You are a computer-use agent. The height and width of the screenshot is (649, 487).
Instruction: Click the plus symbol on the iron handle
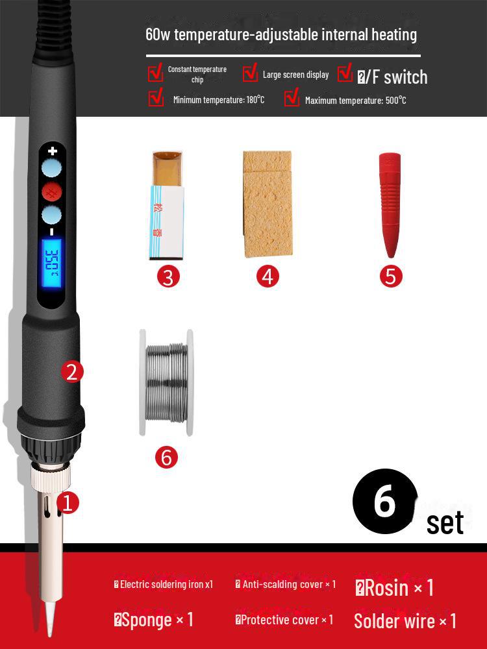pyautogui.click(x=53, y=151)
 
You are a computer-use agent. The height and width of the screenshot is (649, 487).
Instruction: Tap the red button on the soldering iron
pyautogui.click(x=51, y=192)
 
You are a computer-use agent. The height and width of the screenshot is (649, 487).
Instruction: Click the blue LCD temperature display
pyautogui.click(x=51, y=264)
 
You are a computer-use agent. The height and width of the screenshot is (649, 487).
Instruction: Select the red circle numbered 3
pyautogui.click(x=168, y=276)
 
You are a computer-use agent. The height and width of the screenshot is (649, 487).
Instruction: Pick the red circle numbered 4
pyautogui.click(x=268, y=276)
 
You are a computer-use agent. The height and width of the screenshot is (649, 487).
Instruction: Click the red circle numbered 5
pyautogui.click(x=390, y=276)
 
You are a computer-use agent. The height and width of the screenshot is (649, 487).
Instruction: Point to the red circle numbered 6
pyautogui.click(x=166, y=457)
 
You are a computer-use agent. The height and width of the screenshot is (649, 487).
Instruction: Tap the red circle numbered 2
pyautogui.click(x=71, y=372)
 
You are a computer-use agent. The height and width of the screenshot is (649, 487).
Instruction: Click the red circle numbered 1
pyautogui.click(x=68, y=502)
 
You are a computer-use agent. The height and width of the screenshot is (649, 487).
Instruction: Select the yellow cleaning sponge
pyautogui.click(x=267, y=203)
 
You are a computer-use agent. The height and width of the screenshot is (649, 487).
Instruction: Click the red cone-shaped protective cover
pyautogui.click(x=390, y=204)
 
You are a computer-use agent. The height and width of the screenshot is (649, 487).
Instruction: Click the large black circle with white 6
pyautogui.click(x=384, y=502)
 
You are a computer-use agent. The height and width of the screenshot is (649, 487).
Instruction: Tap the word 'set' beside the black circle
pyautogui.click(x=445, y=523)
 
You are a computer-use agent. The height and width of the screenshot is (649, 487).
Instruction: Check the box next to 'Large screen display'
pyautogui.click(x=251, y=73)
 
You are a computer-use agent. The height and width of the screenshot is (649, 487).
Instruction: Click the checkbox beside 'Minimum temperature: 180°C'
pyautogui.click(x=156, y=98)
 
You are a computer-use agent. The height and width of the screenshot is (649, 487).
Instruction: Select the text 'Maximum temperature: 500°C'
pyautogui.click(x=355, y=100)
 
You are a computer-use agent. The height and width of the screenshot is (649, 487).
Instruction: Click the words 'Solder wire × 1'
pyautogui.click(x=405, y=621)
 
